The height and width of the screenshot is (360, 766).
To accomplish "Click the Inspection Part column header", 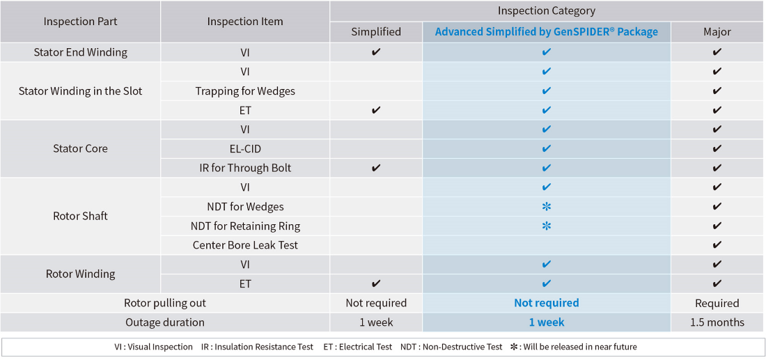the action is (x=80, y=22).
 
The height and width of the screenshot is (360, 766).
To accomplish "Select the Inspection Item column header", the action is (x=244, y=22).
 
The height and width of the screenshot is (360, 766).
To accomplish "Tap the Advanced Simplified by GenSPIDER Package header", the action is (x=546, y=32).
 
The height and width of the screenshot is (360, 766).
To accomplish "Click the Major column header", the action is (x=717, y=32).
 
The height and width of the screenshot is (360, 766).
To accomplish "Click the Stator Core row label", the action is (x=80, y=148).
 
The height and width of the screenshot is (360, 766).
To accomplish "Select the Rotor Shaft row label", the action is (x=80, y=216).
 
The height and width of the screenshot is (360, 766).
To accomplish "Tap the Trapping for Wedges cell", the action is (x=244, y=91).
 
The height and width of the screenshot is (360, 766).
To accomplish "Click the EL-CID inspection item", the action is (x=244, y=148).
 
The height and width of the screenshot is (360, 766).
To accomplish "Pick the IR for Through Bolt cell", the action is (x=244, y=168).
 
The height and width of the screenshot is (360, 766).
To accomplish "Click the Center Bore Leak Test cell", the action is (x=244, y=245).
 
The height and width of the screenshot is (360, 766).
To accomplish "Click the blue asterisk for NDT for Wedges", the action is (x=546, y=207).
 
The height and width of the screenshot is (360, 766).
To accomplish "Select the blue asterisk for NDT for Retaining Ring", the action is (x=546, y=226).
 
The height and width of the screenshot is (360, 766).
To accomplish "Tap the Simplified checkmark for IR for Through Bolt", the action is (x=375, y=168).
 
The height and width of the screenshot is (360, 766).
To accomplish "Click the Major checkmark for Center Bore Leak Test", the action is (x=717, y=245).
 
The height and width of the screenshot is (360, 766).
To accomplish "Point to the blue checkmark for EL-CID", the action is (x=546, y=148).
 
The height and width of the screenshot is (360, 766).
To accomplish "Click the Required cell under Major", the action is (x=717, y=304).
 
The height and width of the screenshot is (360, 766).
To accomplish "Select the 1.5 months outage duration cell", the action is (x=717, y=322).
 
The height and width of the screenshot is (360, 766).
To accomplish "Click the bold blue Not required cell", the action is (x=546, y=304).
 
